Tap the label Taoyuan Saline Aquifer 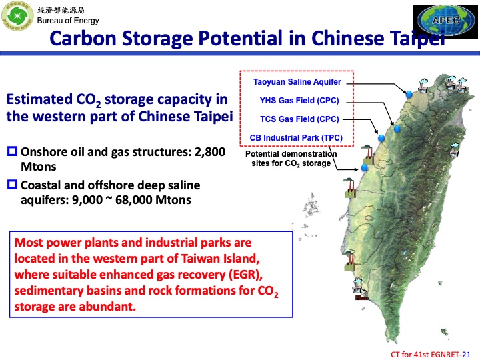(x=297, y=82)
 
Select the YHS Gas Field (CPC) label (x=300, y=101)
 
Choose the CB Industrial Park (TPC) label (x=296, y=137)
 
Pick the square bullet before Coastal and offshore (x=11, y=185)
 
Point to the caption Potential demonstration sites (x=291, y=159)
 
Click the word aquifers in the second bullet (x=44, y=199)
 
